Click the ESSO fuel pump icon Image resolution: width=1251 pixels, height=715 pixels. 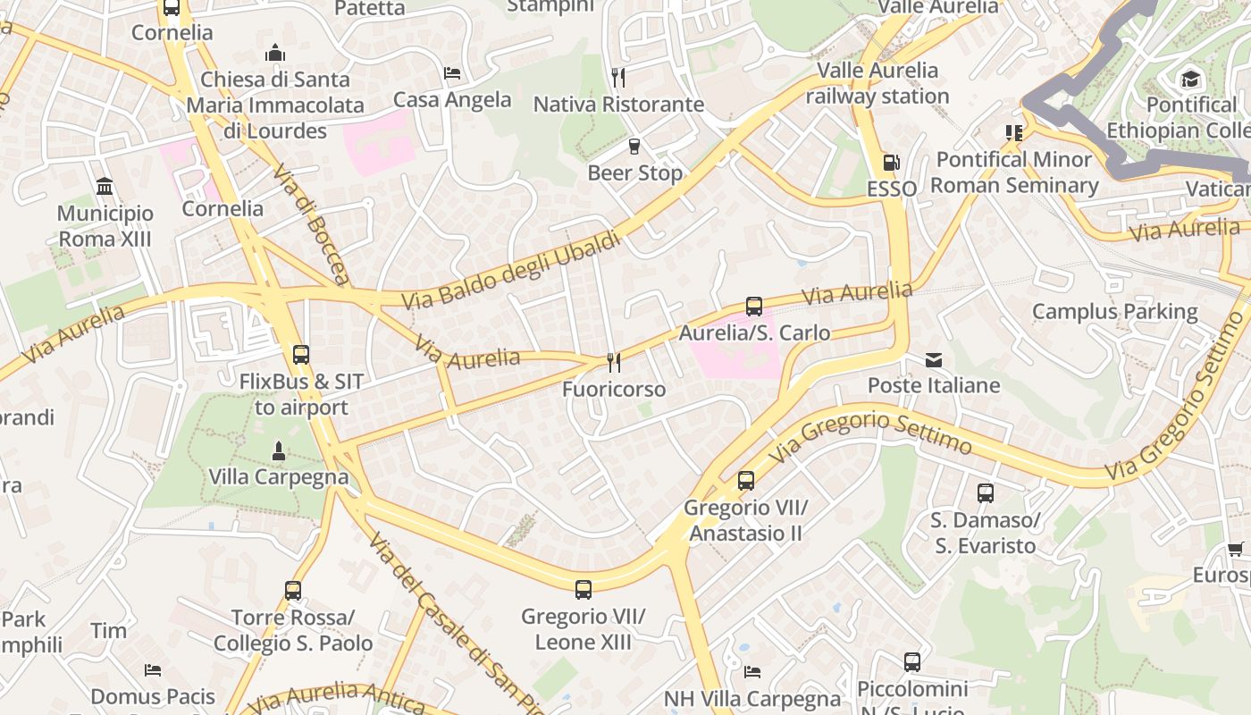coord(890,163)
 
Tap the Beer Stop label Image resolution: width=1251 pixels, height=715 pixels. coord(634,172)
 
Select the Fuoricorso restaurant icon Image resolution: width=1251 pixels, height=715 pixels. coord(614,362)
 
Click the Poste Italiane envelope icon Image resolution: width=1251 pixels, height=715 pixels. coord(934,360)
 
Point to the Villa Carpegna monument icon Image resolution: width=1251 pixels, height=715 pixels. coord(279,451)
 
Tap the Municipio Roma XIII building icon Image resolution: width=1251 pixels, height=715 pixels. coord(105,188)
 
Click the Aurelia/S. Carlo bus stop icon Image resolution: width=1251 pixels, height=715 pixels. coord(754,307)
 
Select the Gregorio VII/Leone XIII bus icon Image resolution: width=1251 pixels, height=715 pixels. coord(584,590)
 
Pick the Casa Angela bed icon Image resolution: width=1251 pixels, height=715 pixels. coord(452,73)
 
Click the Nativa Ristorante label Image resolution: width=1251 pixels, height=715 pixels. coord(618,105)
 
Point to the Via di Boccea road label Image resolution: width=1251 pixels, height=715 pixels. coord(312,224)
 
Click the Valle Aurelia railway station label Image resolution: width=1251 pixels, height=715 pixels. coord(877,83)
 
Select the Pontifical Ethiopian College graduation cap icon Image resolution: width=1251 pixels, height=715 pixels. coord(1189,79)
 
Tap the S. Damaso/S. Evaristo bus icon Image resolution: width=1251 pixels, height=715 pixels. coord(985,493)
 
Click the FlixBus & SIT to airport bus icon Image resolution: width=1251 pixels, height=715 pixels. coord(301,355)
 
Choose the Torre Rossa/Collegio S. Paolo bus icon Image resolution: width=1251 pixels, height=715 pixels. coord(293,591)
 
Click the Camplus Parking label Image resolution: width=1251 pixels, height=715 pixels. coord(1114,312)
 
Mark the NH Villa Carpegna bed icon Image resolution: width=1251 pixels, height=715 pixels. coord(752,671)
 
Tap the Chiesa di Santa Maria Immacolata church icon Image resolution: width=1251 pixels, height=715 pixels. coord(275,53)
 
